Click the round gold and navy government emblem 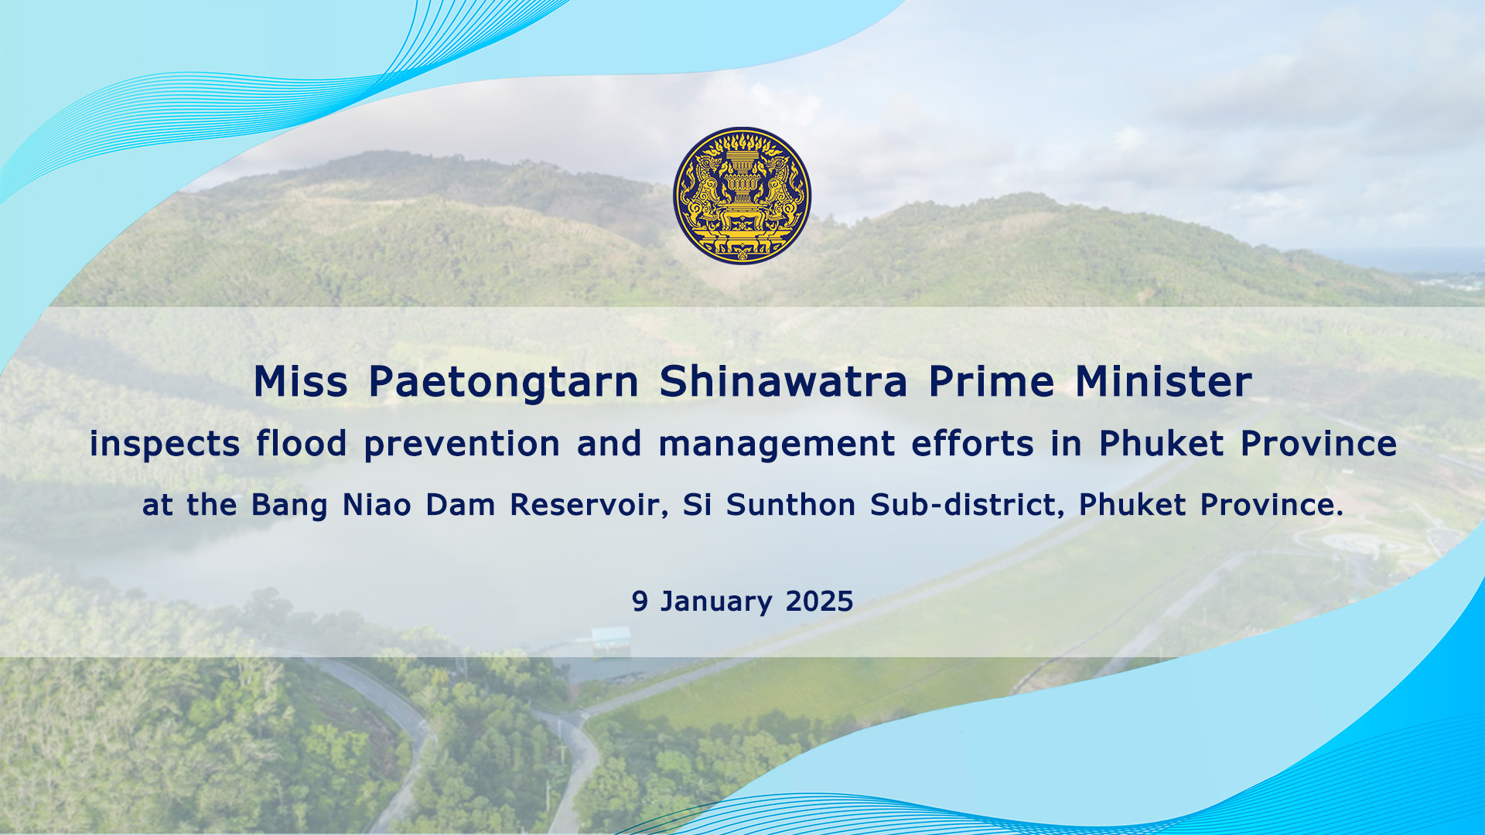(x=742, y=196)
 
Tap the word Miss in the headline (x=301, y=381)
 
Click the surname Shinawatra (x=783, y=381)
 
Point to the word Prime (x=992, y=381)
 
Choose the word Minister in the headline (x=1163, y=381)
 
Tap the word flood (x=302, y=443)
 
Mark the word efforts (x=973, y=443)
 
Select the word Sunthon (x=790, y=505)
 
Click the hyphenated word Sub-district (x=964, y=505)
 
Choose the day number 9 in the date (x=640, y=602)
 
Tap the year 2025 (x=819, y=602)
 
